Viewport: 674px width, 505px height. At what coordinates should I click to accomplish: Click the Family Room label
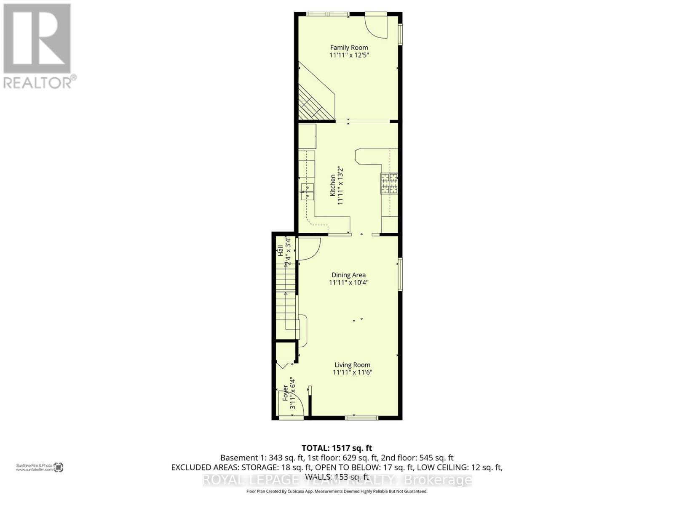(349, 48)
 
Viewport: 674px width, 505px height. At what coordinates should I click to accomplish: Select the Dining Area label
(348, 275)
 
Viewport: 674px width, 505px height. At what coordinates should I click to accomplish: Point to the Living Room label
(353, 365)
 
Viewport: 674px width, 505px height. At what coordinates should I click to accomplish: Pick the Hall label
(280, 251)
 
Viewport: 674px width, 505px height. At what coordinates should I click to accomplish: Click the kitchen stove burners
(389, 183)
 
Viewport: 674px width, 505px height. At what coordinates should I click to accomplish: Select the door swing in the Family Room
(377, 26)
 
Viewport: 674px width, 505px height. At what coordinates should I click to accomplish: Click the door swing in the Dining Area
(308, 248)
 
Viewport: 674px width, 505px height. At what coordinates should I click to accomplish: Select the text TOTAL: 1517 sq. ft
(337, 448)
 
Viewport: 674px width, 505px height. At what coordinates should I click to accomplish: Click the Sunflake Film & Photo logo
(40, 467)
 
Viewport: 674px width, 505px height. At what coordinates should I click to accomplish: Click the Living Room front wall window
(361, 417)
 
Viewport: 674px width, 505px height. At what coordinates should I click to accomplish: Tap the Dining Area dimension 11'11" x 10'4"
(349, 283)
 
